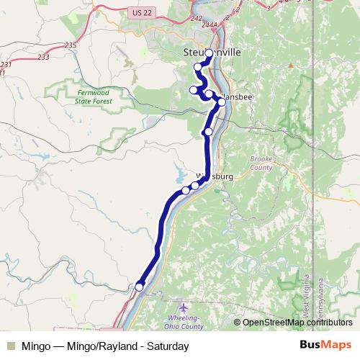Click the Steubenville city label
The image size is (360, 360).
pyautogui.click(x=210, y=53)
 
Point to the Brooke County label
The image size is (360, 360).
pyautogui.click(x=261, y=163)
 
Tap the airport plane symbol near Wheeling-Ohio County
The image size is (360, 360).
pyautogui.click(x=183, y=307)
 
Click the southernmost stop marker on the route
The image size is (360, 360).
pyautogui.click(x=139, y=287)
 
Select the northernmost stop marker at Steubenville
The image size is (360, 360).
pyautogui.click(x=210, y=53)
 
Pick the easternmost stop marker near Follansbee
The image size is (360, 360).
pyautogui.click(x=222, y=102)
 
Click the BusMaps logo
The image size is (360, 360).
pyautogui.click(x=325, y=346)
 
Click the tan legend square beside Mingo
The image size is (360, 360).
pyautogui.click(x=10, y=346)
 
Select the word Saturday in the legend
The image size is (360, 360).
pyautogui.click(x=168, y=346)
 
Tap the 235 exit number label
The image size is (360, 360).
pyautogui.click(x=70, y=45)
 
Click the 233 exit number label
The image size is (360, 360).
pyautogui.click(x=43, y=58)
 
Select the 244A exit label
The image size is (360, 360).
pyautogui.click(x=210, y=25)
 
